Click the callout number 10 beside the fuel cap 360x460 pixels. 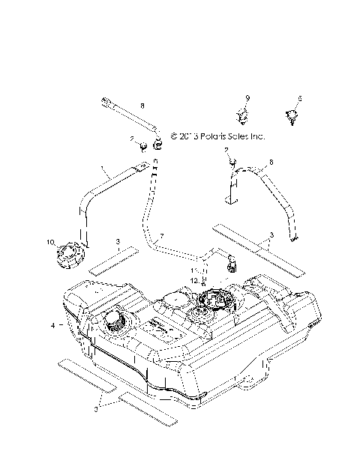point(51,242)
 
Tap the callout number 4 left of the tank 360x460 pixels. point(52,326)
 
